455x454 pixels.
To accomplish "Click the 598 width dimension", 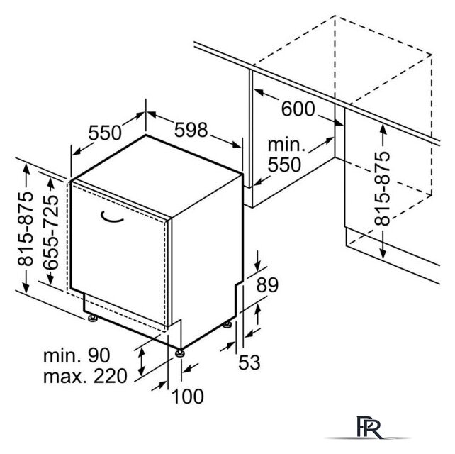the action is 191,130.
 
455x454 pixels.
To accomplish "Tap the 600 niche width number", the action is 298,109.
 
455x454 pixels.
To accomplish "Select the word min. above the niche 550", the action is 286,145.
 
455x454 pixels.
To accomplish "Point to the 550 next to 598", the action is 105,133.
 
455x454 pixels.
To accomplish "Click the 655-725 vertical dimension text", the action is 51,232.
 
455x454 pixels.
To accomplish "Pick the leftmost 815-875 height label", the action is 26,228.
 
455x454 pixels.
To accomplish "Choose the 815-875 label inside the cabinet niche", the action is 382,189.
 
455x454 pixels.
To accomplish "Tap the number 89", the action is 267,285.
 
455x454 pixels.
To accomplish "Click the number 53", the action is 249,362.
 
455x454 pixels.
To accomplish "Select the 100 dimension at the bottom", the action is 188,397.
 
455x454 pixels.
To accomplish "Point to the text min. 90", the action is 77,355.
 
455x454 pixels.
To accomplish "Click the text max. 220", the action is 85,376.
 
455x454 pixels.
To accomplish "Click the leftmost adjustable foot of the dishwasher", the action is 93,319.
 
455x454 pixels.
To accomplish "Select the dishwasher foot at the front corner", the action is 180,353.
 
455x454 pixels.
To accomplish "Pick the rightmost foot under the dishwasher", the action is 227,325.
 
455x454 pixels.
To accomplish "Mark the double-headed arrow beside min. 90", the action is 142,362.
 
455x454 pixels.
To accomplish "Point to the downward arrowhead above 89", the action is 258,265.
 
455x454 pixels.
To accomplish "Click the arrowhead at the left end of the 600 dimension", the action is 259,93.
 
